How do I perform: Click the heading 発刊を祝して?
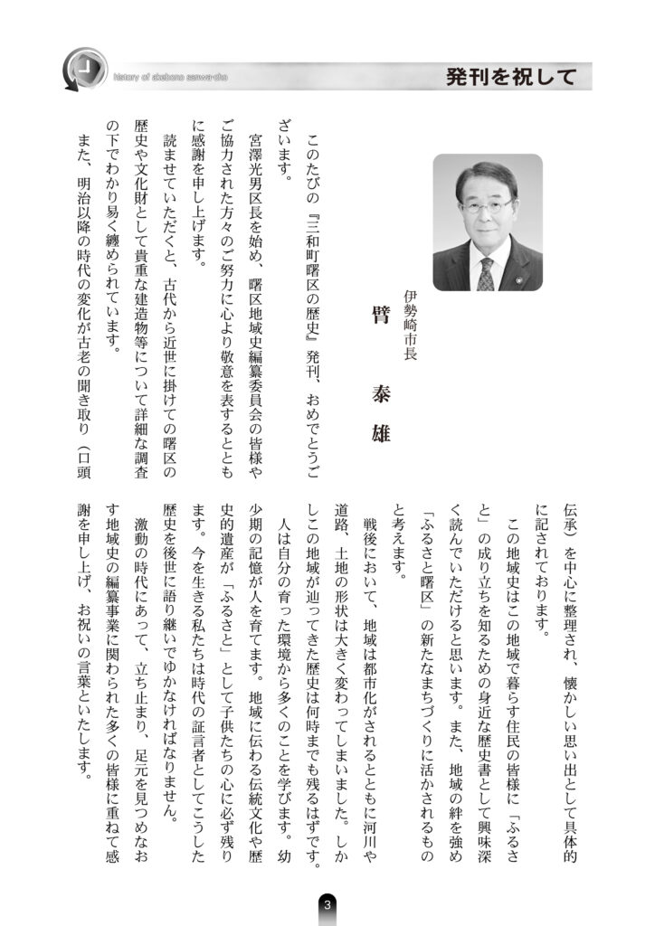(x=511, y=77)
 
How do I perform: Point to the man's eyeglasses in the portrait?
(x=488, y=205)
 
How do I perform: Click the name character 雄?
(x=381, y=432)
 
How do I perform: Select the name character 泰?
(x=381, y=373)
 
